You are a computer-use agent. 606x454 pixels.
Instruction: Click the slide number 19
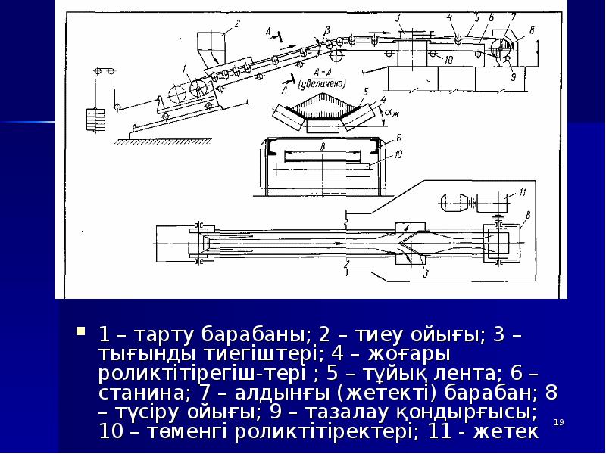pyautogui.click(x=560, y=421)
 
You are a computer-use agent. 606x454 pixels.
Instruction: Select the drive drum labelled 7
pyautogui.click(x=501, y=45)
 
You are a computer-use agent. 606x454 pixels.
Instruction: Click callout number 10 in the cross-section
pyautogui.click(x=398, y=154)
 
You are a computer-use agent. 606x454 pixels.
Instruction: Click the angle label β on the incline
pyautogui.click(x=326, y=29)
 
